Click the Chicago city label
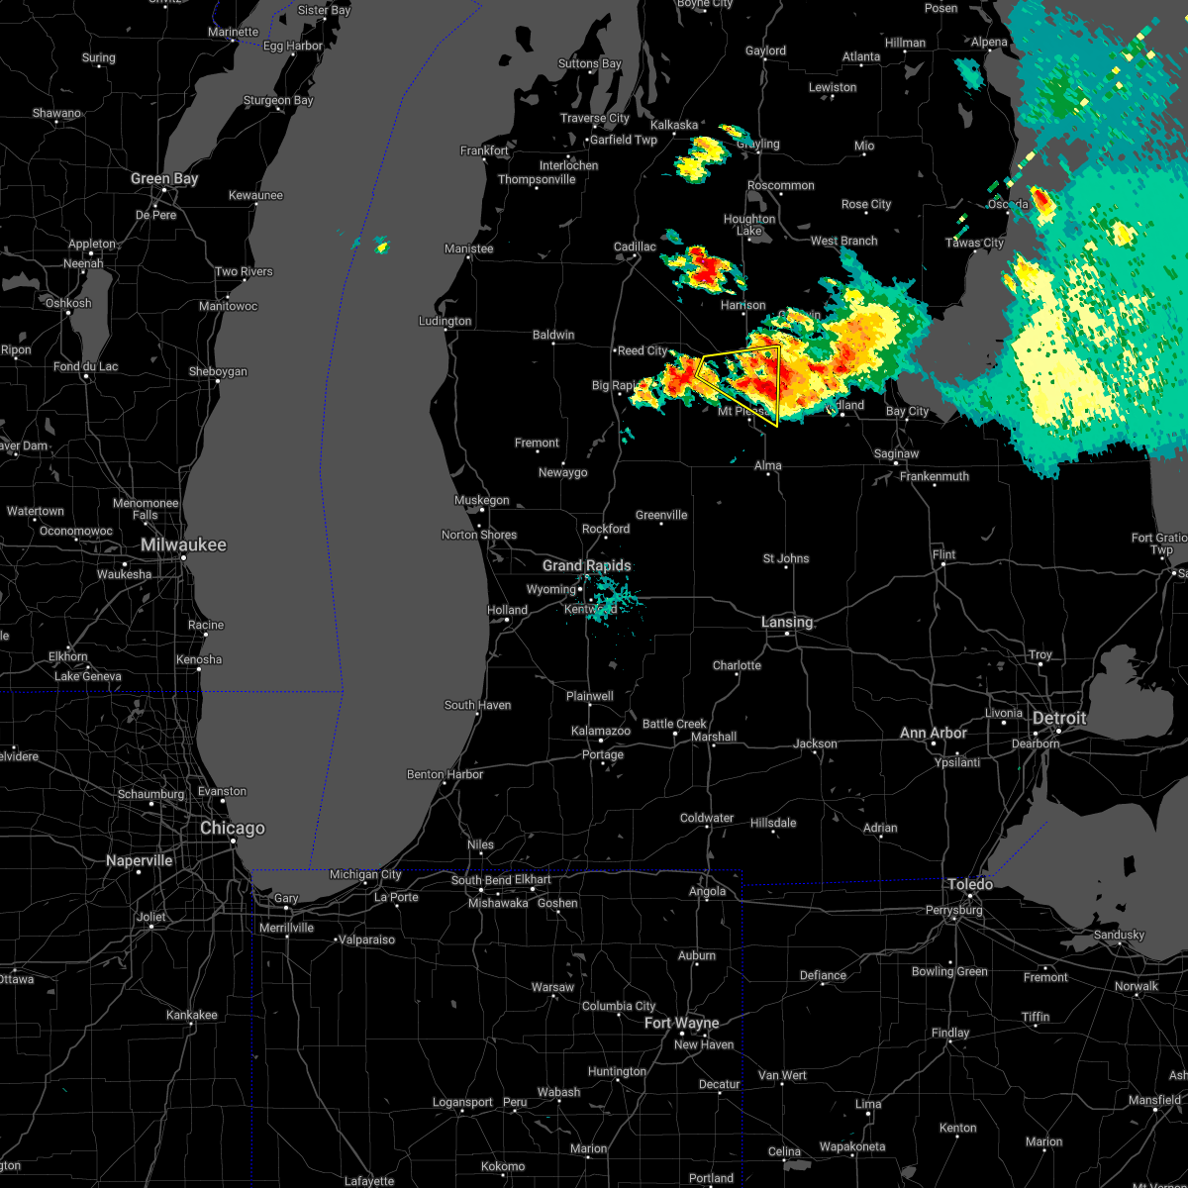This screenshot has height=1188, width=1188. tap(233, 829)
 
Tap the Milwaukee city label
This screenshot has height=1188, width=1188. tap(183, 545)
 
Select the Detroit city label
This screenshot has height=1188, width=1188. tap(1059, 719)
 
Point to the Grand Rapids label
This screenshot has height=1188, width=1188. tap(586, 566)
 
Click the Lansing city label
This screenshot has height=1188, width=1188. tap(787, 623)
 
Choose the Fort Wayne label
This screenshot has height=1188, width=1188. tap(682, 1024)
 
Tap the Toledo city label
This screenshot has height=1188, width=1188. tap(970, 884)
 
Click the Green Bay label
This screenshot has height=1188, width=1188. tap(164, 179)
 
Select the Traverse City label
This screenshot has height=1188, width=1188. tap(595, 119)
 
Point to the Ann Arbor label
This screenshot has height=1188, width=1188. tap(934, 734)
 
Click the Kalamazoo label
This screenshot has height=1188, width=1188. tap(601, 732)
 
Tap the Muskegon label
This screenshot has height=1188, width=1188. tap(482, 501)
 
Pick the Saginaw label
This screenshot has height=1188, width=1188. tap(896, 454)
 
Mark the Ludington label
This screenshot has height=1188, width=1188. tap(445, 322)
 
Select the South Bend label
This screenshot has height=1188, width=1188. tap(481, 881)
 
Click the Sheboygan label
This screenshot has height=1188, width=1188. tap(218, 372)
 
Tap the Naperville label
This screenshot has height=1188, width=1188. tap(139, 861)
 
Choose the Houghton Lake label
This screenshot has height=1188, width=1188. tap(749, 225)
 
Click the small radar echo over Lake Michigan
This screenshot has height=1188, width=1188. tap(381, 245)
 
